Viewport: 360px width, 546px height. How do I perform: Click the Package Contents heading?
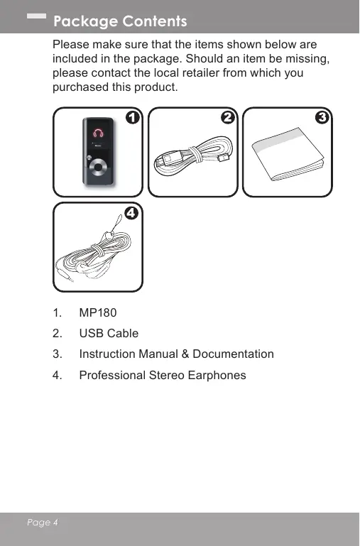pyautogui.click(x=120, y=21)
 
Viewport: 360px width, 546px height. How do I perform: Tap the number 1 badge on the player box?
pyautogui.click(x=133, y=117)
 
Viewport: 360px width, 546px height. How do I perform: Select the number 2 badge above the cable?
pyautogui.click(x=228, y=117)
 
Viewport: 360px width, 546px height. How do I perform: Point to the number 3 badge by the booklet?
pyautogui.click(x=322, y=117)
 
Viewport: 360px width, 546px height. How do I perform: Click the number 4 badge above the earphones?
pyautogui.click(x=131, y=213)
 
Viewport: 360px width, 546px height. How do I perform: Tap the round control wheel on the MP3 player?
pyautogui.click(x=98, y=168)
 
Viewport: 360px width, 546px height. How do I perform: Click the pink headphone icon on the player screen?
pyautogui.click(x=98, y=133)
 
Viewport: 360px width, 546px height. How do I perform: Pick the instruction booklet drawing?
pyautogui.click(x=288, y=154)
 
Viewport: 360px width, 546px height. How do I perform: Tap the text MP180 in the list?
pyautogui.click(x=98, y=312)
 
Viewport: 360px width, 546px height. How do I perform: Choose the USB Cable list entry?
pyautogui.click(x=109, y=333)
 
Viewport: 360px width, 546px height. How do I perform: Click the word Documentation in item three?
pyautogui.click(x=234, y=354)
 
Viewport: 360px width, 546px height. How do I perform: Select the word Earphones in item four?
pyautogui.click(x=217, y=376)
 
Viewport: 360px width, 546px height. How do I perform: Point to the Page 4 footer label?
pyautogui.click(x=43, y=523)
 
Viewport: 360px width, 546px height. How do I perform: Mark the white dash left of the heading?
pyautogui.click(x=36, y=16)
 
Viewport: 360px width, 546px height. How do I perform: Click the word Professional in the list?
pyautogui.click(x=112, y=376)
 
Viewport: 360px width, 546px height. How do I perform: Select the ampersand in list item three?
pyautogui.click(x=185, y=354)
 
